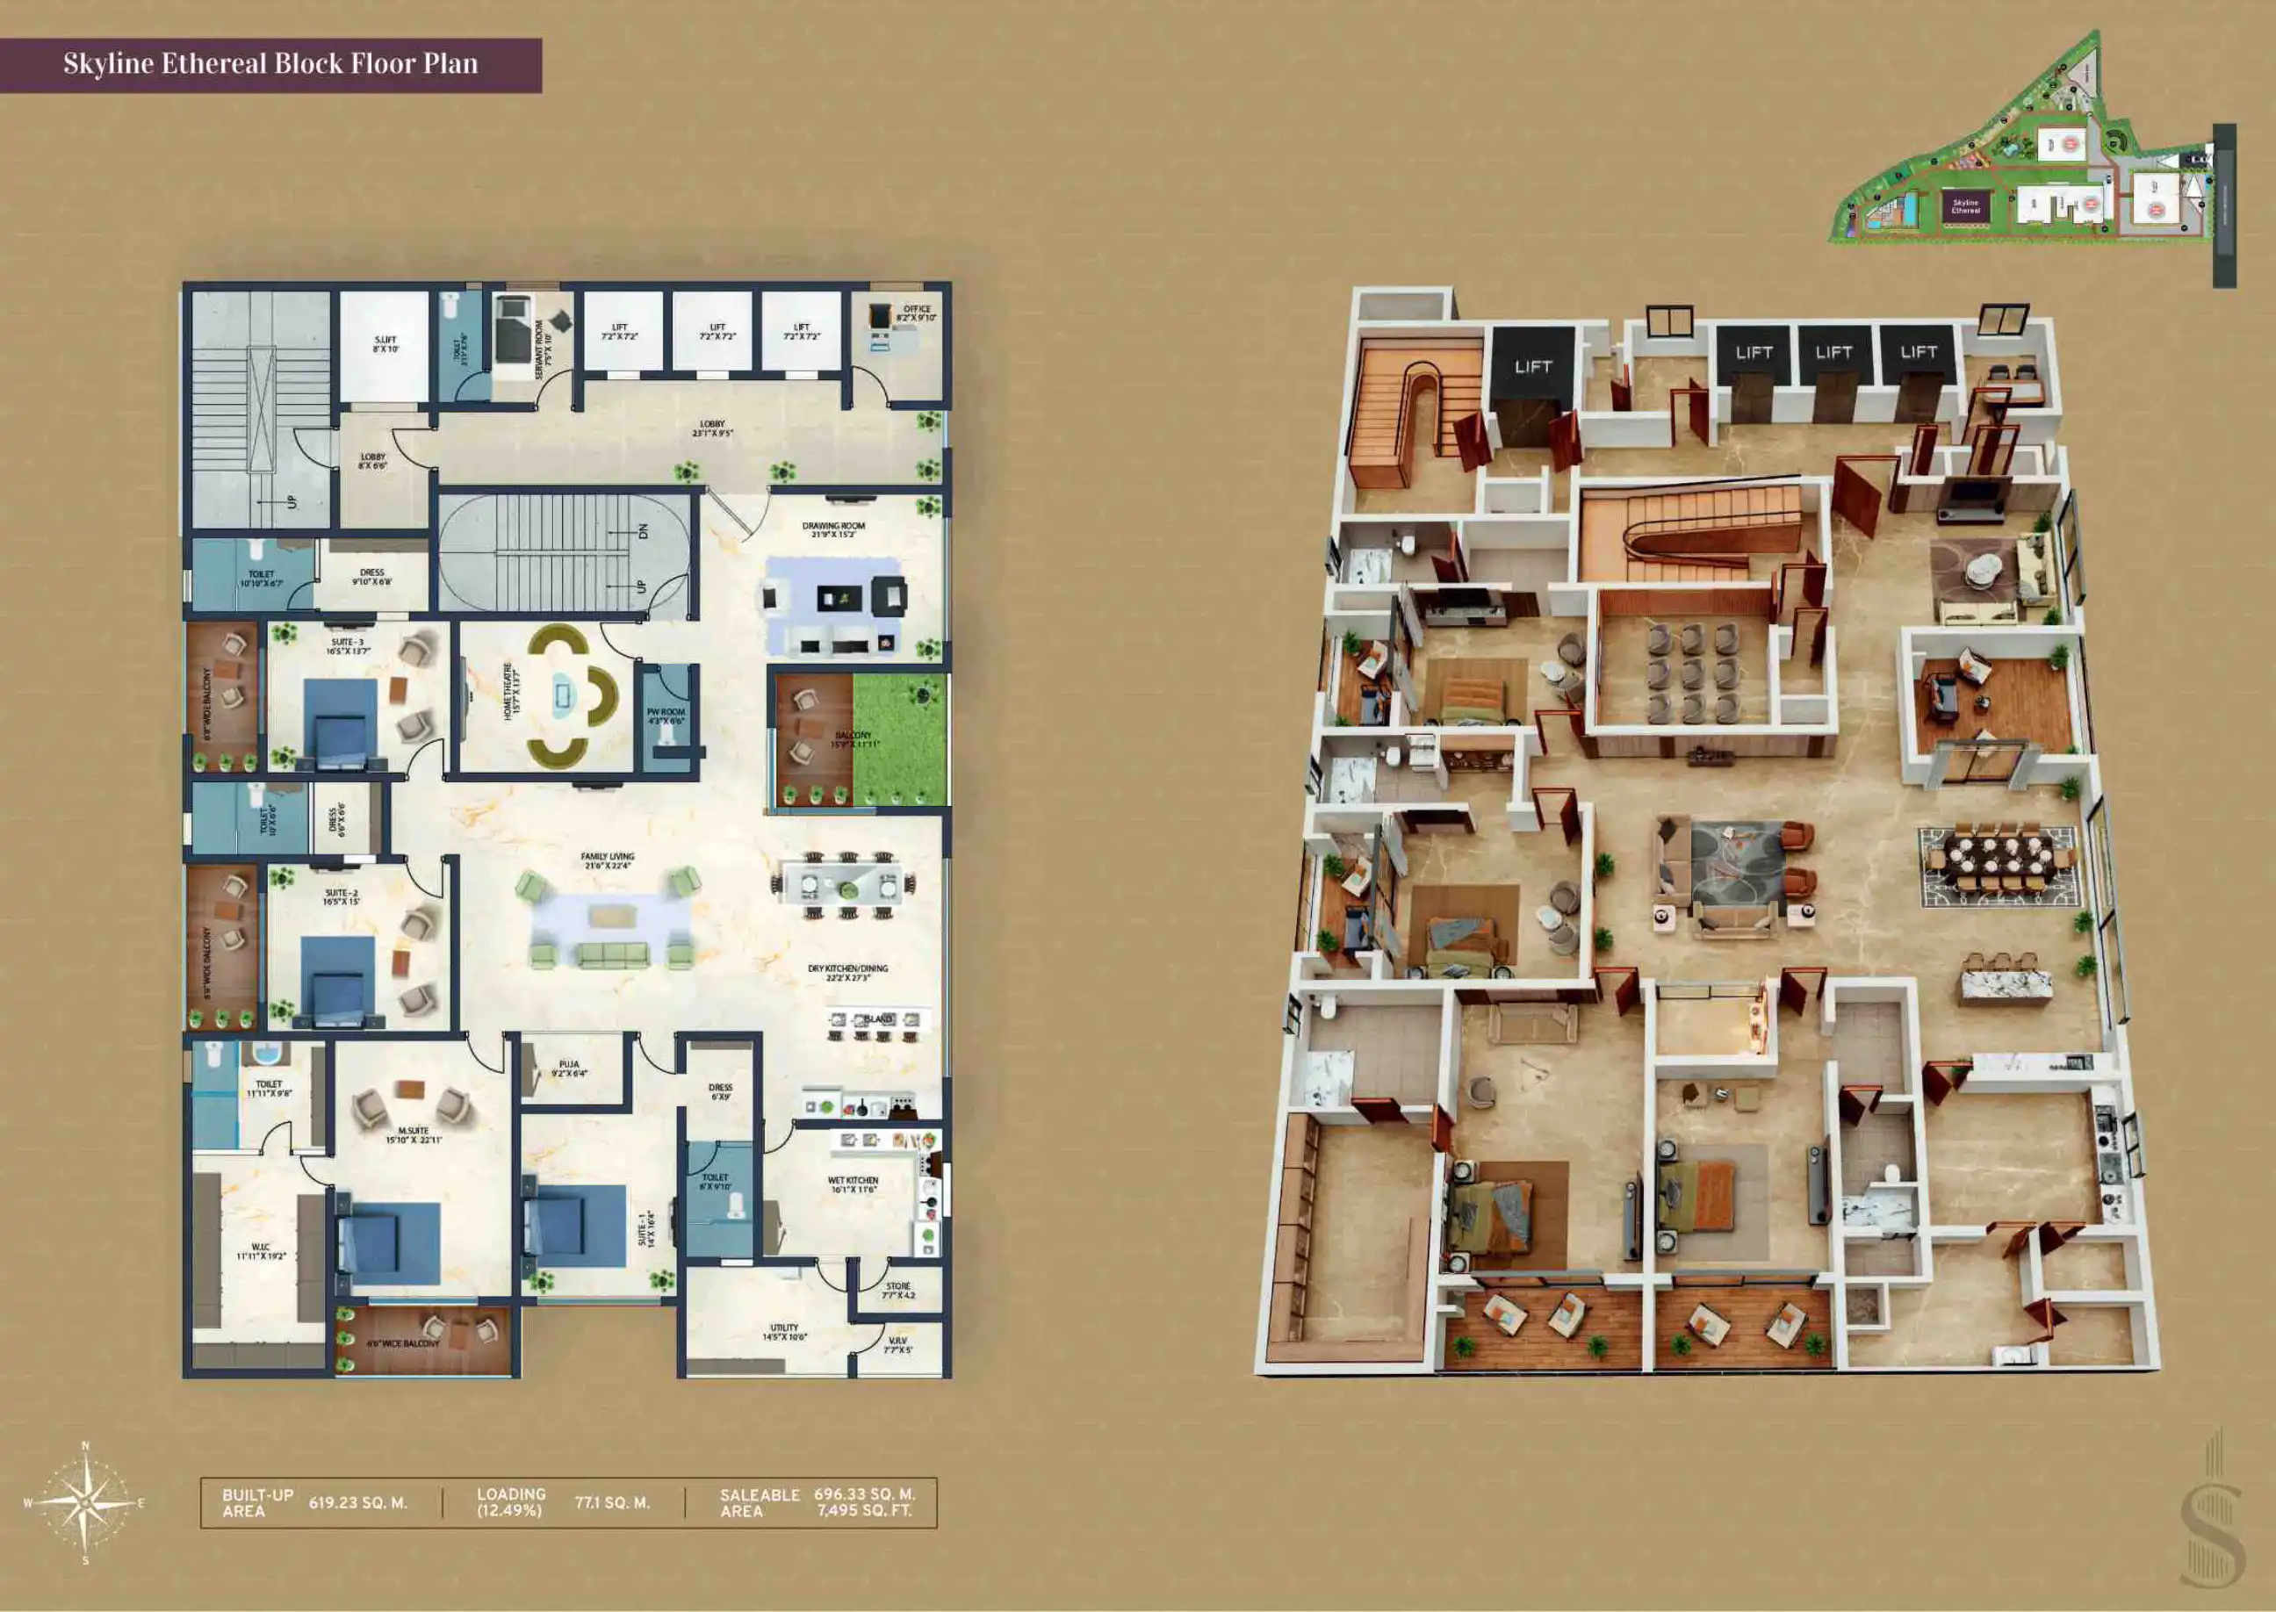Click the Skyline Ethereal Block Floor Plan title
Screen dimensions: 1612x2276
click(270, 64)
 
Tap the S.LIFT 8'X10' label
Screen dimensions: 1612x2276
click(385, 344)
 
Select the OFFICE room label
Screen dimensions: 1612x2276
click(916, 313)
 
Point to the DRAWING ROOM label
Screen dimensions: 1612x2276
click(834, 530)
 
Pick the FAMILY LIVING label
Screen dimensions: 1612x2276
click(608, 860)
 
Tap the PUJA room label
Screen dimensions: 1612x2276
click(569, 1068)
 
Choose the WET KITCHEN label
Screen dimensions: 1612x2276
click(853, 1184)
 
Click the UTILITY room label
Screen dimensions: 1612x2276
click(784, 1332)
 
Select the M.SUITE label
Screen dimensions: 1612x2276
click(413, 1134)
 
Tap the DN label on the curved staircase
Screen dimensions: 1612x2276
click(642, 532)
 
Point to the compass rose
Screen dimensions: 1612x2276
click(85, 1503)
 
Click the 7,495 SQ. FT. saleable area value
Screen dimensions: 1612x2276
click(863, 1511)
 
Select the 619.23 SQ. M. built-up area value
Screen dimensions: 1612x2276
click(357, 1503)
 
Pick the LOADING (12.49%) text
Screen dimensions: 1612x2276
click(511, 1502)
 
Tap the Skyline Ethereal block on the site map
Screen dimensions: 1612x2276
click(1965, 206)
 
